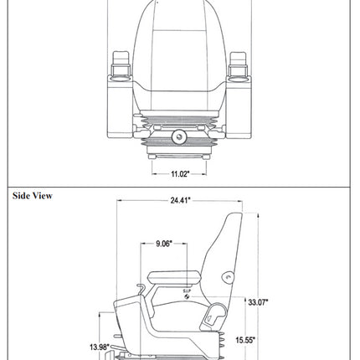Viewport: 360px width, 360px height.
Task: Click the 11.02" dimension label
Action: pyautogui.click(x=170, y=173)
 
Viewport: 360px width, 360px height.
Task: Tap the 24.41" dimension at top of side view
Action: pyautogui.click(x=177, y=200)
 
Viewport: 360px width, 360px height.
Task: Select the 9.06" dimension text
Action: pyautogui.click(x=164, y=244)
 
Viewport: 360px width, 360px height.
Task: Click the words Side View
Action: pyautogui.click(x=33, y=196)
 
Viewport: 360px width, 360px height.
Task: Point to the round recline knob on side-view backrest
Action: pyautogui.click(x=227, y=277)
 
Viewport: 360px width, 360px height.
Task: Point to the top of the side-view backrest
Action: pyautogui.click(x=234, y=217)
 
